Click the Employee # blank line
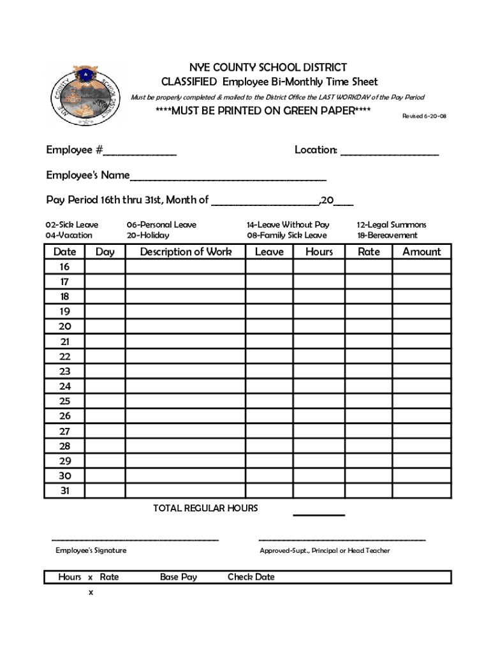pyautogui.click(x=140, y=153)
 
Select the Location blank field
pyautogui.click(x=390, y=153)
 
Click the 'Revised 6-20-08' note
pyautogui.click(x=424, y=116)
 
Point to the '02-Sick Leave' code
pyautogui.click(x=71, y=225)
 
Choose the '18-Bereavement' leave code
pyautogui.click(x=387, y=235)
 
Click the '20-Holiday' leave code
pyautogui.click(x=148, y=235)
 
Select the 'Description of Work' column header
pyautogui.click(x=186, y=252)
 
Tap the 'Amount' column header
pyautogui.click(x=421, y=252)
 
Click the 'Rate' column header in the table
pyautogui.click(x=369, y=252)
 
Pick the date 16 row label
pyautogui.click(x=64, y=267)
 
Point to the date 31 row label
pyautogui.click(x=64, y=491)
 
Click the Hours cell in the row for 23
pyautogui.click(x=319, y=371)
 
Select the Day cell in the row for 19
pyautogui.click(x=105, y=312)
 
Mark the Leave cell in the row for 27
pyautogui.click(x=269, y=431)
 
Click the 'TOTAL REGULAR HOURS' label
pyautogui.click(x=205, y=508)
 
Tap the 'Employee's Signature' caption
pyautogui.click(x=91, y=550)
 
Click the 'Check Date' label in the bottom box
pyautogui.click(x=251, y=577)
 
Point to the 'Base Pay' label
pyautogui.click(x=179, y=577)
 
